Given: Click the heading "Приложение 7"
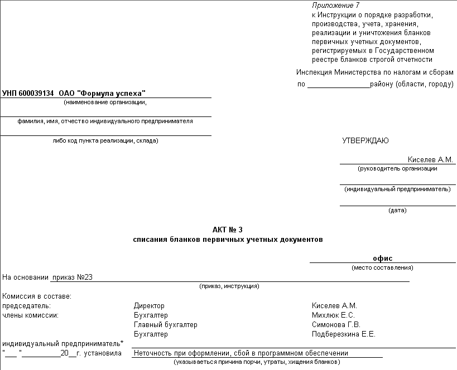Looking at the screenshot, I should (x=336, y=5).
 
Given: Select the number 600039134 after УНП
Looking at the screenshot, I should (x=36, y=93).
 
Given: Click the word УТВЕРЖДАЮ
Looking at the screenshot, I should (x=365, y=141).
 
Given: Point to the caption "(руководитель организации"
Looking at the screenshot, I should (x=397, y=168).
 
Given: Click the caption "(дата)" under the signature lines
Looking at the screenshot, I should (x=397, y=211).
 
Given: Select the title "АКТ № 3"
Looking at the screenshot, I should (x=228, y=230).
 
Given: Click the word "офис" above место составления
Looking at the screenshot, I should (x=383, y=258).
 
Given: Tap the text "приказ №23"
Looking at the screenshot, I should (x=72, y=277).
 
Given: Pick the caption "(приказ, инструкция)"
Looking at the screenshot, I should (x=229, y=286).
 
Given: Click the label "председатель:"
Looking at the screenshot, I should (x=27, y=306).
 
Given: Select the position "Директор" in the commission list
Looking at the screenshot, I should (x=150, y=306).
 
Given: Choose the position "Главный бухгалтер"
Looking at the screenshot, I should (x=166, y=325).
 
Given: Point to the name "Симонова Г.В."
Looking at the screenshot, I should (x=336, y=325).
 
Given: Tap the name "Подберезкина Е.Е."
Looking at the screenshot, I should (x=344, y=334).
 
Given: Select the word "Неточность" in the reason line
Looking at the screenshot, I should (x=153, y=353).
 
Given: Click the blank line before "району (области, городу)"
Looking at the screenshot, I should (x=338, y=85).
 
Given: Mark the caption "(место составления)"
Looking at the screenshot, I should (x=382, y=268).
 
